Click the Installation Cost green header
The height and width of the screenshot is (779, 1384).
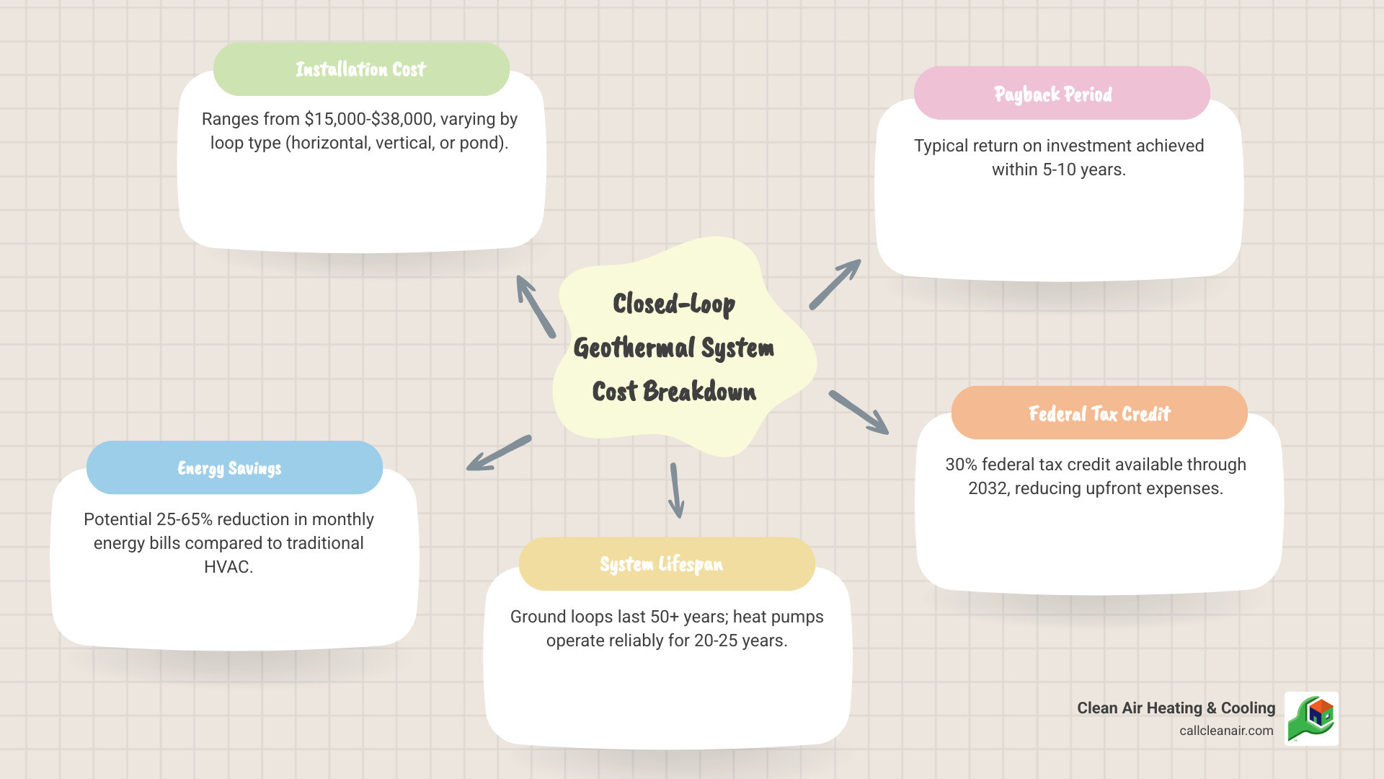(361, 69)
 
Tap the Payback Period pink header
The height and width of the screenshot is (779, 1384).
(1061, 94)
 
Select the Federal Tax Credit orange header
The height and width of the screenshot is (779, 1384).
(1099, 413)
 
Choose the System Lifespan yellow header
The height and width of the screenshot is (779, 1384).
(666, 564)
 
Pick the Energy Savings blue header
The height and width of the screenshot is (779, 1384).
(234, 468)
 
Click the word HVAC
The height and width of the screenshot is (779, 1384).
(229, 567)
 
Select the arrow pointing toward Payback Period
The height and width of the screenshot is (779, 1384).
(835, 284)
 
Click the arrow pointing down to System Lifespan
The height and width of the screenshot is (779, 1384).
(675, 490)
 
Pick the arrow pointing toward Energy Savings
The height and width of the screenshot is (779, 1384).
(499, 454)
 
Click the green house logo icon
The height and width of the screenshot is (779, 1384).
(1311, 718)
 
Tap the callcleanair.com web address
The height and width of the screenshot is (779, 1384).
(1226, 731)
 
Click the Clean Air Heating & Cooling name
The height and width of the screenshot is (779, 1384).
(1176, 708)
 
